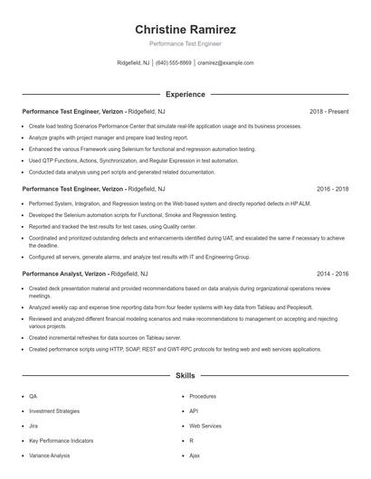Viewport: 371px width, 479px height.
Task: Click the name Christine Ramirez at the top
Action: pos(185,30)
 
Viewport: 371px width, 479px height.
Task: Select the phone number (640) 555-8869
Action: pos(174,63)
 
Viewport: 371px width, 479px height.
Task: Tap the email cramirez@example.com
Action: pos(225,63)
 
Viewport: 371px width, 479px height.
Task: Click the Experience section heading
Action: pos(185,94)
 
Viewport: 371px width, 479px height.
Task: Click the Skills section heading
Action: pos(185,374)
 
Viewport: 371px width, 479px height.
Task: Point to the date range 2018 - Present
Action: pos(328,111)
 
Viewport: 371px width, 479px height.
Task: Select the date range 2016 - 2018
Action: pos(332,190)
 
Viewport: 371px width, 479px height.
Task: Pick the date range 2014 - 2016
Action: pos(332,272)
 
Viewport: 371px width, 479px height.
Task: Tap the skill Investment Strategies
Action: pos(54,410)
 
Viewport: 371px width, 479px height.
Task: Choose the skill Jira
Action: pos(33,425)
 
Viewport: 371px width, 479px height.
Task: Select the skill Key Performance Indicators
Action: pos(61,440)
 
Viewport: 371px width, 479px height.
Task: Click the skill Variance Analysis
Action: pos(49,455)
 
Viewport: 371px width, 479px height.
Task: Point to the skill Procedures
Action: pos(203,396)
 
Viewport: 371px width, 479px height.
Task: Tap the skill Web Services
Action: pos(205,425)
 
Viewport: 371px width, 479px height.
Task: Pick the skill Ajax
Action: pos(195,455)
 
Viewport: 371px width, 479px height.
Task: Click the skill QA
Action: pos(33,396)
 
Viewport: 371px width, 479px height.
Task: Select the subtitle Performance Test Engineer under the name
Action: pos(185,43)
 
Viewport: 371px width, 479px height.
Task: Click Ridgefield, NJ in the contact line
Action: pos(134,63)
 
